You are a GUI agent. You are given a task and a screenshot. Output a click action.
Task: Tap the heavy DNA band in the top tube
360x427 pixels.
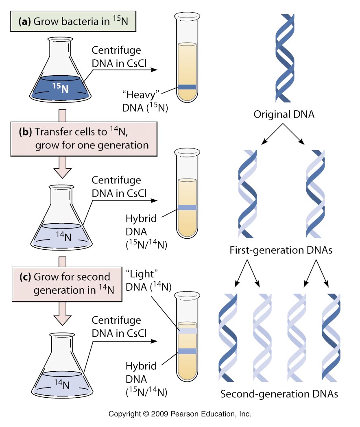point(187,87)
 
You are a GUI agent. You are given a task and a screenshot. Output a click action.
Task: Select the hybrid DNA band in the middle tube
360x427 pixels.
point(187,207)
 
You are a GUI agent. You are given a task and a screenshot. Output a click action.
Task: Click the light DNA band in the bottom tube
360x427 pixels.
point(187,331)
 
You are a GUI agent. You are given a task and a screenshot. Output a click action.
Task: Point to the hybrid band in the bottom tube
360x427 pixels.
point(187,351)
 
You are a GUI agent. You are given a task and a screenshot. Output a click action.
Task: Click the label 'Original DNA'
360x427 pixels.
point(284,115)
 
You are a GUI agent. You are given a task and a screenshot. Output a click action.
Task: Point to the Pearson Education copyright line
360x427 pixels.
point(180,414)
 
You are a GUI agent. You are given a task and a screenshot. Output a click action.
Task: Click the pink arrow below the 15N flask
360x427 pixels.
point(62,115)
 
